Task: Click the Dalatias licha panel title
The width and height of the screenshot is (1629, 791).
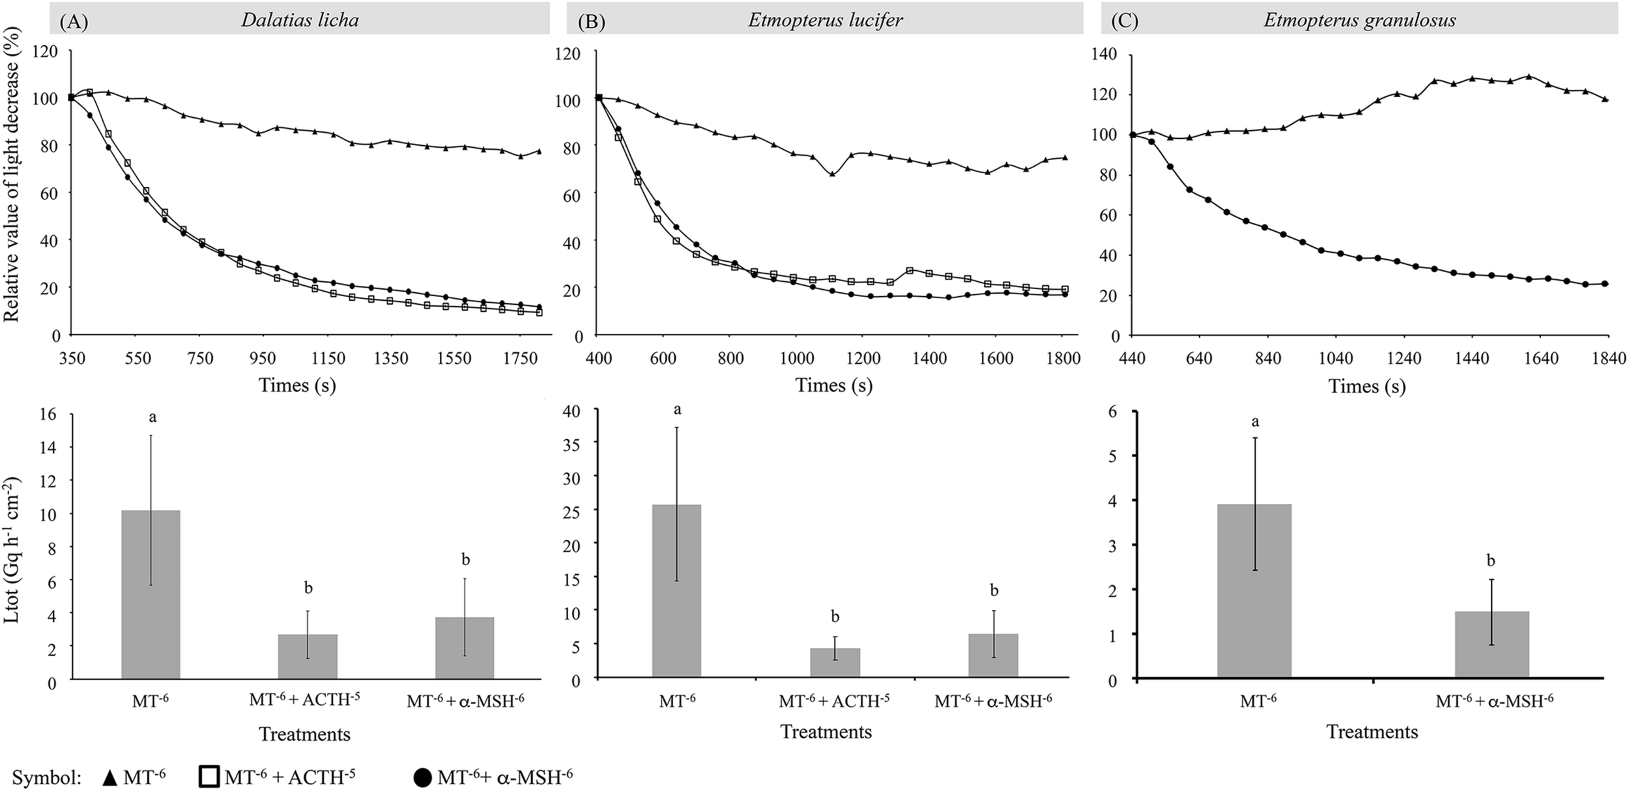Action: coord(300,20)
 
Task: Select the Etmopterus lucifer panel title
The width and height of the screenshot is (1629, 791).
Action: coord(825,20)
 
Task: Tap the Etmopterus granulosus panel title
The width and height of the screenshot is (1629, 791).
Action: coord(1360,20)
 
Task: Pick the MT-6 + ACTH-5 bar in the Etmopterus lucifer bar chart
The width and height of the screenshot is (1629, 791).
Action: coord(835,663)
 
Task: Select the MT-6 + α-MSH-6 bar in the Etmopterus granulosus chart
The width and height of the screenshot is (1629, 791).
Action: coord(1492,645)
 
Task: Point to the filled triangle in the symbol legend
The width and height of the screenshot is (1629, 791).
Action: coord(111,777)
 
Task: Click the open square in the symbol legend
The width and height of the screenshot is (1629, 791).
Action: coord(208,776)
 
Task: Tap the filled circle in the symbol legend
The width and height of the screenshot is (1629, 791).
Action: coord(422,777)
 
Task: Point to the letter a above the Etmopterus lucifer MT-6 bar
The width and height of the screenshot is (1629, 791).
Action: coord(677,409)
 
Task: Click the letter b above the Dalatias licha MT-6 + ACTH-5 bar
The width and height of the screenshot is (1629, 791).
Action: coord(308,589)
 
